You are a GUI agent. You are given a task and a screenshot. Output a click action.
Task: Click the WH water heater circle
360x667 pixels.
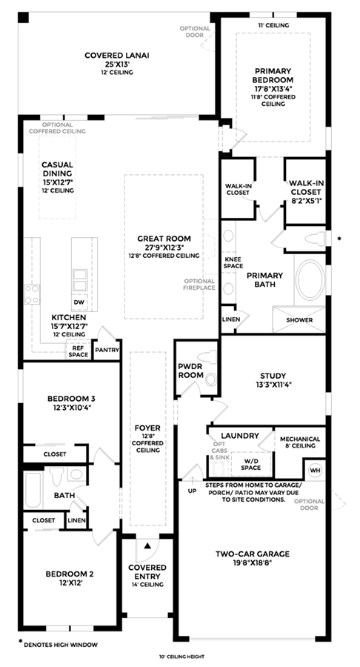click(x=315, y=470)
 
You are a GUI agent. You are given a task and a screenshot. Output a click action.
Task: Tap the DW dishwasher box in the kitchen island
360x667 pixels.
click(x=80, y=302)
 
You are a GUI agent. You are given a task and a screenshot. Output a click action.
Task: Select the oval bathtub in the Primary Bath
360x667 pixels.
click(x=310, y=280)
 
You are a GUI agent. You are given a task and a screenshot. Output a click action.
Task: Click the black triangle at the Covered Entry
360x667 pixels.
click(x=147, y=545)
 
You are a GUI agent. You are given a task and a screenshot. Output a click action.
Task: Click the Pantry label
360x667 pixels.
click(x=107, y=350)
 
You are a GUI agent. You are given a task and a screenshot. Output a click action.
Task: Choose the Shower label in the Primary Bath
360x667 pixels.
click(x=299, y=320)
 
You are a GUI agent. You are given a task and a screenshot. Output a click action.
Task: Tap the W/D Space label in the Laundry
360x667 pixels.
click(x=251, y=464)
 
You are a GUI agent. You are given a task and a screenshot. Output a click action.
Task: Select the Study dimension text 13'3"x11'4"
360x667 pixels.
click(x=273, y=384)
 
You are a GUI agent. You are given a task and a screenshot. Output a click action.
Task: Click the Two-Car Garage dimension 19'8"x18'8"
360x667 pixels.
click(x=252, y=563)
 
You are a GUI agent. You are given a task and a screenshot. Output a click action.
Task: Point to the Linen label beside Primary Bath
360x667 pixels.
click(x=231, y=319)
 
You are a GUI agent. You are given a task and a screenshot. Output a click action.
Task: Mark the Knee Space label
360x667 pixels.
click(x=233, y=262)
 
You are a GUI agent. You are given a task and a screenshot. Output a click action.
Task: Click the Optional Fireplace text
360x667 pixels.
click(x=199, y=284)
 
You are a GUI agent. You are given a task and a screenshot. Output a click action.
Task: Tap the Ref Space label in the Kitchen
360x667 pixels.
click(x=79, y=351)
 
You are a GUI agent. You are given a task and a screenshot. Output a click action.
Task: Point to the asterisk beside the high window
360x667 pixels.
click(x=339, y=239)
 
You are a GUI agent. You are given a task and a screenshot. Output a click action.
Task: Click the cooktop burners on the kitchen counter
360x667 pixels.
click(x=32, y=294)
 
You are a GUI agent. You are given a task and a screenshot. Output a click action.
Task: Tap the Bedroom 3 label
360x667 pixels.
click(x=71, y=399)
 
